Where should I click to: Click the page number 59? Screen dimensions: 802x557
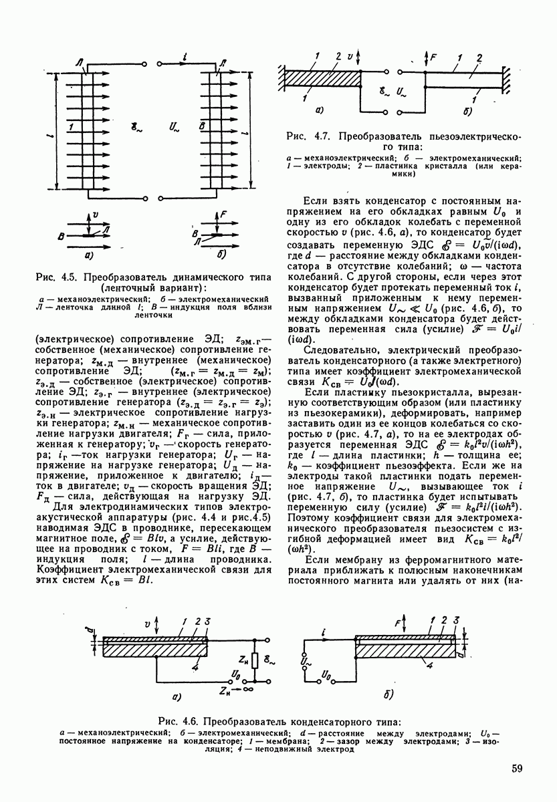point(516,769)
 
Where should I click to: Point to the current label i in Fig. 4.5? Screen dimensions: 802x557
point(184,58)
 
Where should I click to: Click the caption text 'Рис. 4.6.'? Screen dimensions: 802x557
point(180,722)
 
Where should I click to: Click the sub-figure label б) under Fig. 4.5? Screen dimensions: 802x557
point(221,255)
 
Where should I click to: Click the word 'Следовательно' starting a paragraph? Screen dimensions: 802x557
point(341,350)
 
